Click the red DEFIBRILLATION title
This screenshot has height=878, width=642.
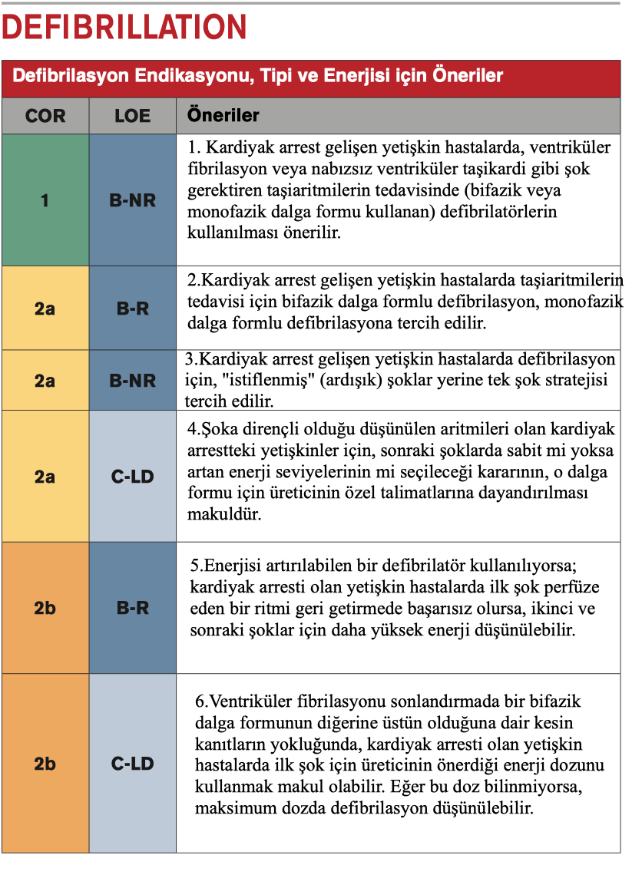(x=124, y=28)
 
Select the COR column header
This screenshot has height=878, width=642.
(x=45, y=117)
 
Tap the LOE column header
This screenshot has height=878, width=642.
(x=132, y=117)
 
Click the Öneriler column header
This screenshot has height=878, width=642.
(x=223, y=117)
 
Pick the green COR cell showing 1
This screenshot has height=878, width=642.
(x=45, y=200)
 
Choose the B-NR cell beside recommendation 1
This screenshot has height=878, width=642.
(x=132, y=200)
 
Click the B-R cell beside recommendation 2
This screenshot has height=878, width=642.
(x=132, y=309)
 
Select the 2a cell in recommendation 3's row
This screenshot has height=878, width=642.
(x=45, y=380)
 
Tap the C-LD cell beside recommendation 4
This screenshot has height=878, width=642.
(x=132, y=477)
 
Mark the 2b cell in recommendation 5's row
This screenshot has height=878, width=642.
(x=45, y=608)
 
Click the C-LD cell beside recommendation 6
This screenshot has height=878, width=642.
(x=132, y=764)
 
